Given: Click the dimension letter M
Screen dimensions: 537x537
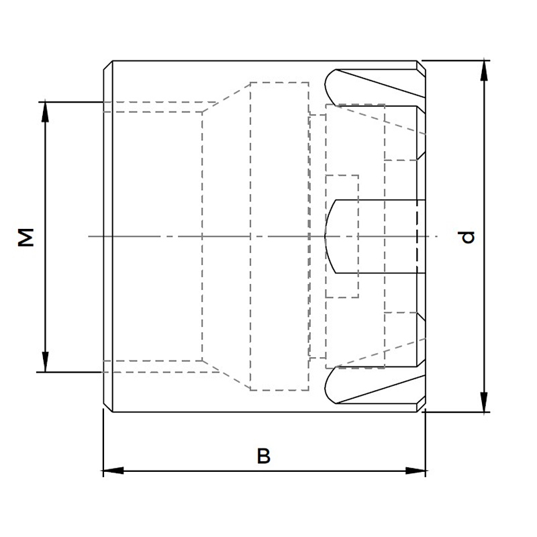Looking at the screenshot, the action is click(26, 238).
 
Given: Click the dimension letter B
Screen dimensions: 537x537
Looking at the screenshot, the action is click(264, 456).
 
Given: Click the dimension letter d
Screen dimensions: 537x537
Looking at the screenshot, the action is click(466, 237).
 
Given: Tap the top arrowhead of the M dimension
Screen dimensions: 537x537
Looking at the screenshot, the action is click(45, 112).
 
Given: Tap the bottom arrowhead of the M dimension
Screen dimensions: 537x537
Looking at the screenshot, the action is click(45, 362).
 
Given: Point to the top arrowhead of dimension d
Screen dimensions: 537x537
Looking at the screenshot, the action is click(484, 70).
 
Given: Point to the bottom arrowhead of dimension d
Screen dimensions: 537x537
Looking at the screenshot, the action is click(484, 402).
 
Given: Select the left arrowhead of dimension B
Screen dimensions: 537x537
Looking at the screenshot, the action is click(113, 471).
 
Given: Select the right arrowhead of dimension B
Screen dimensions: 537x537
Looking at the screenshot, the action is click(416, 471).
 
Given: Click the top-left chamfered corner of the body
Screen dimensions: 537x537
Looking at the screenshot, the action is click(108, 65).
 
